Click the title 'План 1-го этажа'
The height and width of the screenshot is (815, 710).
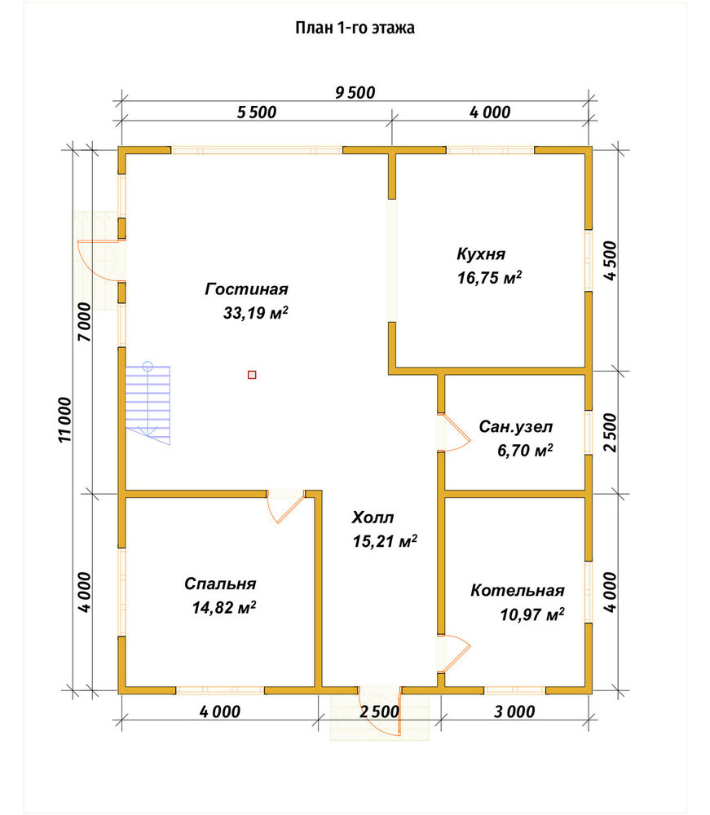(355, 28)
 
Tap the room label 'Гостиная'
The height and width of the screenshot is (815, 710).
(246, 289)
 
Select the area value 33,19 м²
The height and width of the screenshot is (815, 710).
(256, 312)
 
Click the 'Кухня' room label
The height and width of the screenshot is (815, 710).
(481, 253)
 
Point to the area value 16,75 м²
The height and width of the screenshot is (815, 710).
(490, 277)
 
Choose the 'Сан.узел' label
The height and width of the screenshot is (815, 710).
(516, 427)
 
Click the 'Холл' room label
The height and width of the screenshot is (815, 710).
(373, 518)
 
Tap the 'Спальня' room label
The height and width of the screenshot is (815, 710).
(220, 584)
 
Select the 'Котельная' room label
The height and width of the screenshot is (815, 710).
(518, 590)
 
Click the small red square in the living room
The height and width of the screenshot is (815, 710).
(252, 374)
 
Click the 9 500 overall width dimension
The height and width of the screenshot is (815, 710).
(355, 93)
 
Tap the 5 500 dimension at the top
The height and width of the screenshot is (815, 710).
(257, 112)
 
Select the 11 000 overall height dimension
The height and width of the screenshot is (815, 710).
(64, 420)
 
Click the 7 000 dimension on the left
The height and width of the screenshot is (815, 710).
(84, 322)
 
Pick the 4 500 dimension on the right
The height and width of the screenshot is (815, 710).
(611, 261)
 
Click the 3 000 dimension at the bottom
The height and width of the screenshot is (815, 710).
(514, 711)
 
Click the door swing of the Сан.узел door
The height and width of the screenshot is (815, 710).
(456, 433)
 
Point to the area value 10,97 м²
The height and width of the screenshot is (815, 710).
(532, 615)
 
